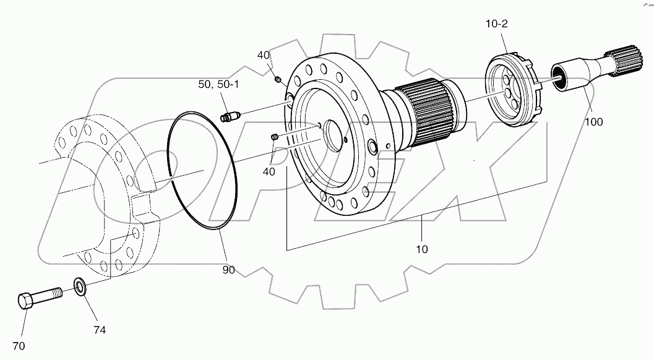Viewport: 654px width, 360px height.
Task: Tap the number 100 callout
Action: pos(594,122)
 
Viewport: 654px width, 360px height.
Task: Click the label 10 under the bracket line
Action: pos(423,249)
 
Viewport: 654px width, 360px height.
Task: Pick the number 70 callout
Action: pos(19,345)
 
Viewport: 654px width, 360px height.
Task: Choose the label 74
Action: pos(99,330)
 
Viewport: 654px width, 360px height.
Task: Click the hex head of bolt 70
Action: pos(25,301)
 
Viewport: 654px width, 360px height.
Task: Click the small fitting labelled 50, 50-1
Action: pos(230,116)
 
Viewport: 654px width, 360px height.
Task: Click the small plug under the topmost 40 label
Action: pos(278,79)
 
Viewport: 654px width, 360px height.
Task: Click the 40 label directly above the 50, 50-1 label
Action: pos(264,55)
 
